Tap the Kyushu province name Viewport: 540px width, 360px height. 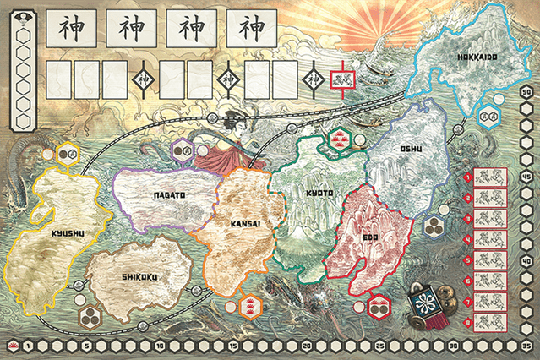43,232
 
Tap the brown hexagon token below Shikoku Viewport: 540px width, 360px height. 88,316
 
